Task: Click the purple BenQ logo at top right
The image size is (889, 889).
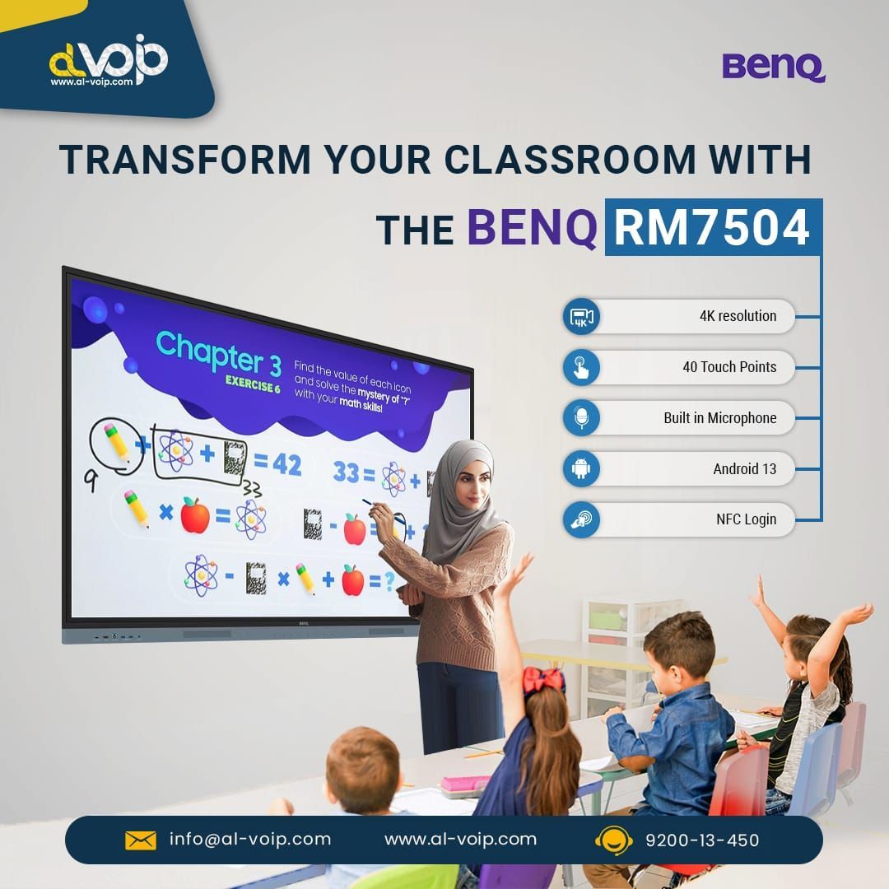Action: (x=773, y=67)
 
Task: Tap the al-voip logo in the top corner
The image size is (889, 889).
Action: (x=108, y=60)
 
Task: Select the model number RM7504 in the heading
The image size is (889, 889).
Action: (x=712, y=227)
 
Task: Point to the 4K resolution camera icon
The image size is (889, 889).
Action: (x=582, y=316)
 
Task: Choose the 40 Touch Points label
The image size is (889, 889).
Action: (x=728, y=367)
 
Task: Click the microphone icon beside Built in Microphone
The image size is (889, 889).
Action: (x=582, y=418)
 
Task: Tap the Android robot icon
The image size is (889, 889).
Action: (x=582, y=469)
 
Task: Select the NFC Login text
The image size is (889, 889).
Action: (x=746, y=519)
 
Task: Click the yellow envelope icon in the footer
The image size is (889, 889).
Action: (x=141, y=840)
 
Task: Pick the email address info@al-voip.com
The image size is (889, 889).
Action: (x=250, y=839)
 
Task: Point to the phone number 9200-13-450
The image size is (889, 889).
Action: (x=702, y=840)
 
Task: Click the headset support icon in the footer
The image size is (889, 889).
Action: (x=613, y=840)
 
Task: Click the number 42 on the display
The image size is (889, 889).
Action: (x=286, y=465)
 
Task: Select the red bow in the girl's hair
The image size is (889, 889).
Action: (x=543, y=680)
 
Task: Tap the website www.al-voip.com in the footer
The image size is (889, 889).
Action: (x=460, y=839)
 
